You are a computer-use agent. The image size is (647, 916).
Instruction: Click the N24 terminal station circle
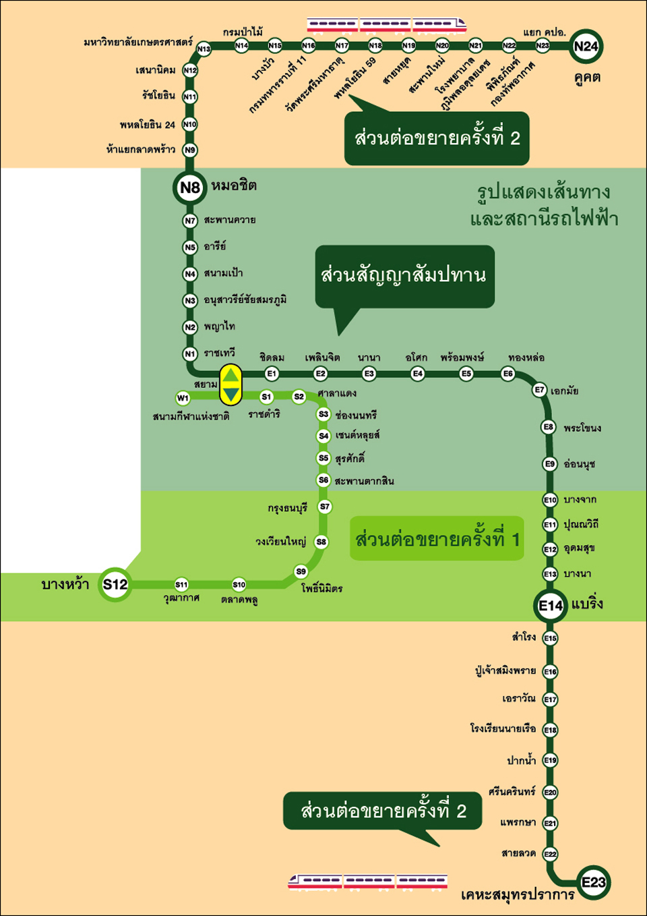(x=586, y=47)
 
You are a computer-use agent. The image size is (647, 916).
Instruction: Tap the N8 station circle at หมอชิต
(x=190, y=188)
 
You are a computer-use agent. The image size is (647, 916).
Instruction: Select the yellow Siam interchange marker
(x=230, y=384)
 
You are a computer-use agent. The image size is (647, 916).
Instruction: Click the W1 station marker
(x=183, y=398)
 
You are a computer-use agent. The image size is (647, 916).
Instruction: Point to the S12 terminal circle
(x=115, y=585)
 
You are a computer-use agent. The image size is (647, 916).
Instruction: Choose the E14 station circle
(x=550, y=606)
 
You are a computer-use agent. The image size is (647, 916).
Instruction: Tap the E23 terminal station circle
(x=594, y=882)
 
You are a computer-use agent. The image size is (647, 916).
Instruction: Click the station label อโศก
(x=417, y=357)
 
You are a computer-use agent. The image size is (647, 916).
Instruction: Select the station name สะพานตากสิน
(x=365, y=481)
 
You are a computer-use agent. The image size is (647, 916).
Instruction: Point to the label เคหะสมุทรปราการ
(x=518, y=894)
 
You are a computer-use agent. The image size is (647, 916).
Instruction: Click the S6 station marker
(x=323, y=480)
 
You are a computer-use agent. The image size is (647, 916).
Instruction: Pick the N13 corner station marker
(x=204, y=49)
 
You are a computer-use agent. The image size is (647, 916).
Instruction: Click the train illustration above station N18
(x=387, y=24)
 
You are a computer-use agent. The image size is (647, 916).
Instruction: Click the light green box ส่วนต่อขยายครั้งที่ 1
(x=437, y=538)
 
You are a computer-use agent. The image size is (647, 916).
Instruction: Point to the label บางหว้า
(x=65, y=585)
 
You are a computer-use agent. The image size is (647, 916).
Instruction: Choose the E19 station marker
(x=550, y=760)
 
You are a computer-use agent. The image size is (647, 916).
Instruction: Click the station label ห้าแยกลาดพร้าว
(x=141, y=150)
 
